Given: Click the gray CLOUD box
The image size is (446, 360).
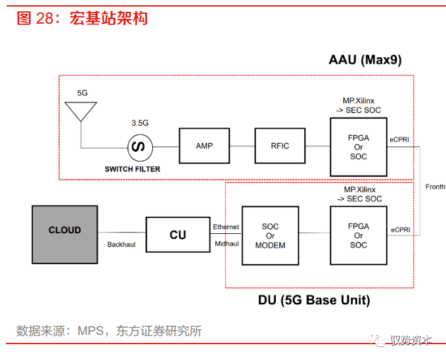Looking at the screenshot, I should click(x=64, y=234).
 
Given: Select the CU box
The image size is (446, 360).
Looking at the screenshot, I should click(x=177, y=235).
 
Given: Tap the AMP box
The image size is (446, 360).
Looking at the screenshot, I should click(x=204, y=146).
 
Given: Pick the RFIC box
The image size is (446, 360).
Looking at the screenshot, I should click(x=280, y=146).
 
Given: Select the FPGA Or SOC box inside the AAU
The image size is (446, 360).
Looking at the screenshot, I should click(x=359, y=147).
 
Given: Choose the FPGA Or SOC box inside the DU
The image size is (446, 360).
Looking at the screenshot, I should click(x=359, y=235).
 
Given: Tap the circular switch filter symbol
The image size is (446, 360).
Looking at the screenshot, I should click(x=139, y=146).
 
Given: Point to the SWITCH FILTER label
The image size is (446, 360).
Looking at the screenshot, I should click(x=132, y=169).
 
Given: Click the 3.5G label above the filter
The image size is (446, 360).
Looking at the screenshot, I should click(x=140, y=123).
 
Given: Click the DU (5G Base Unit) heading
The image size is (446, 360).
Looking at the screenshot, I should click(x=314, y=300).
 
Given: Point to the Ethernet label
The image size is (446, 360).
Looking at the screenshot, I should click(x=226, y=227).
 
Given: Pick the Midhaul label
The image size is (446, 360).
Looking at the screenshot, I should click(x=226, y=244).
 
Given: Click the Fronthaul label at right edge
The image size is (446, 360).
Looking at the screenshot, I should click(x=435, y=186).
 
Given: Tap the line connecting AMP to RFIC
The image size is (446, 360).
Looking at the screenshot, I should click(x=242, y=146).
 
